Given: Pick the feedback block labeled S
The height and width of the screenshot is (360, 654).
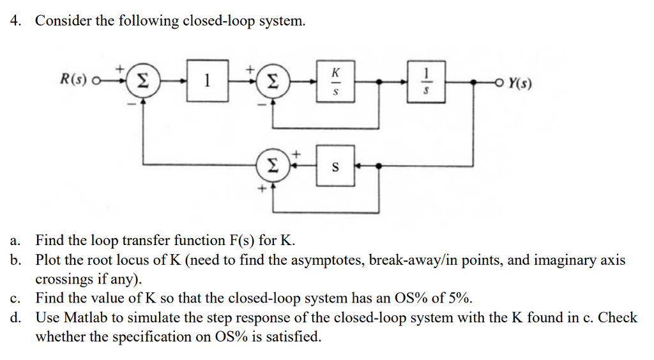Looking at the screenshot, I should tap(336, 167).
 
